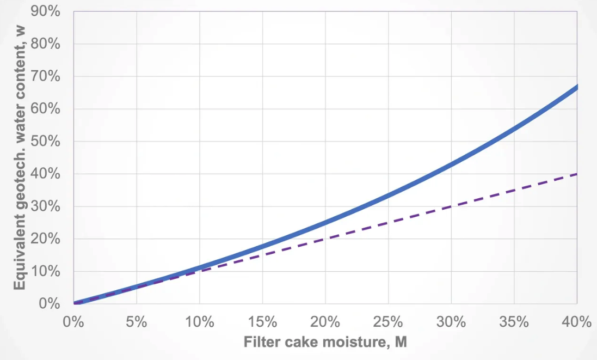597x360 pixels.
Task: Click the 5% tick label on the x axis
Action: point(136,322)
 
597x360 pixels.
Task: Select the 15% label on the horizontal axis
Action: point(262,322)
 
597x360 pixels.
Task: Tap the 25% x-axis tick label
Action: point(388,322)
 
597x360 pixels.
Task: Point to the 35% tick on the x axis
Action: point(514,322)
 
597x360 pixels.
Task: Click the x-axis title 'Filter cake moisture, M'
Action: point(325,342)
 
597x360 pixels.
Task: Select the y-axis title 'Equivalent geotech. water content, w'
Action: point(20,158)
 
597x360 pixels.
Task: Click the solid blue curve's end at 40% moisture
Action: point(576,88)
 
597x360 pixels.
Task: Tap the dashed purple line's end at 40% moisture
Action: point(576,174)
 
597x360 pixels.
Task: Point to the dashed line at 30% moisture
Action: point(451,207)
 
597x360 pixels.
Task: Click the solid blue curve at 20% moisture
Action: point(325,222)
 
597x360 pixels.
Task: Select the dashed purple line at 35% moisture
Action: point(514,191)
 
